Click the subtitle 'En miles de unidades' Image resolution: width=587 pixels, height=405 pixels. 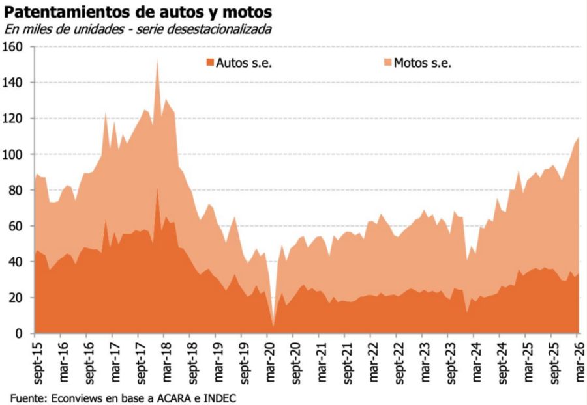[62, 29]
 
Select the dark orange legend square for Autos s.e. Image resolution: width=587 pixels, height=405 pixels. [209, 63]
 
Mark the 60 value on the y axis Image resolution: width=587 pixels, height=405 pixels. [16, 226]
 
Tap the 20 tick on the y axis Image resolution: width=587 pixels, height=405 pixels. [16, 298]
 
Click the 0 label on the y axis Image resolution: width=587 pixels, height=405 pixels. [19, 333]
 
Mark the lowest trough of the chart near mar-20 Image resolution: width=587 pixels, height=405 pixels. [273, 325]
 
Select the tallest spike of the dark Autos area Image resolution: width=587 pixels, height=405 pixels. [157, 190]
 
